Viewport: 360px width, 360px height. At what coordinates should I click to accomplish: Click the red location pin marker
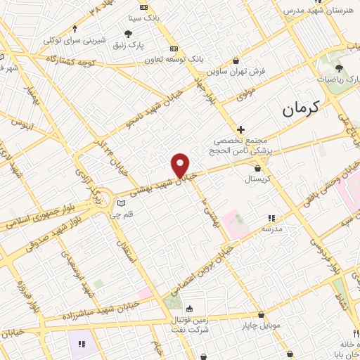181,165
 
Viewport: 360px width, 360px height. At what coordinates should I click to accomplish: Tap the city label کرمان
300,108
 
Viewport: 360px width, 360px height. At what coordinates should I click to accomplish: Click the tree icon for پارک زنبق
128,33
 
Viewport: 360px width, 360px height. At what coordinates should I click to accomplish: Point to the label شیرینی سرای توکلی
75,40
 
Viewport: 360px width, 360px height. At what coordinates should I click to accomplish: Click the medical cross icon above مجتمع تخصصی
240,129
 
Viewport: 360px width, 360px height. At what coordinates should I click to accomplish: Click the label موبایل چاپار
261,325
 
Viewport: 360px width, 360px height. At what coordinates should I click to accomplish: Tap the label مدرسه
271,229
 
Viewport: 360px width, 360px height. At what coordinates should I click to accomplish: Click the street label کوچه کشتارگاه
70,61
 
